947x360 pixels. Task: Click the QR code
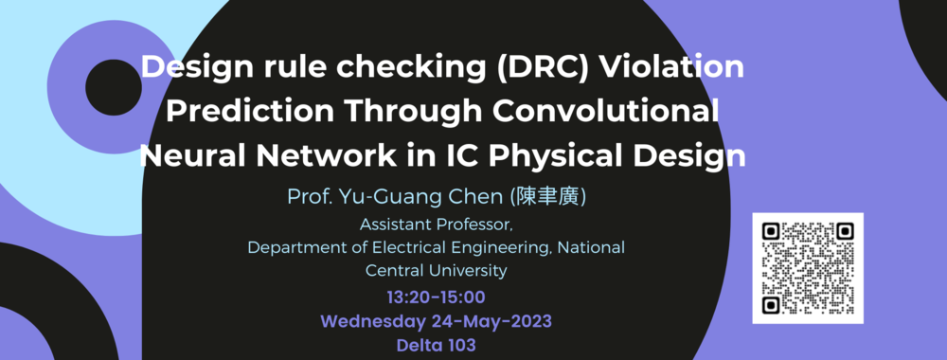pos(808,268)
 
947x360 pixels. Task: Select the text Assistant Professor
pos(437,225)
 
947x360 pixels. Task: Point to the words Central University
pos(436,270)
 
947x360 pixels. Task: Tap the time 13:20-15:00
pos(436,297)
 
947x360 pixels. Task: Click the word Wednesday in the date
pos(373,322)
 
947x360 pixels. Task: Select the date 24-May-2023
pos(491,322)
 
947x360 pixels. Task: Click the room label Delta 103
pos(436,346)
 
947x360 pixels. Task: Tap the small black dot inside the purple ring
pos(114,87)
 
